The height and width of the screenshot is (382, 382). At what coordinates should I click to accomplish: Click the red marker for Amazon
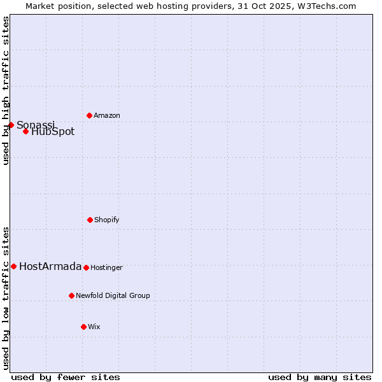point(89,115)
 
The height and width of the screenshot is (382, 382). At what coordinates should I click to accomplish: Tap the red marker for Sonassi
point(11,125)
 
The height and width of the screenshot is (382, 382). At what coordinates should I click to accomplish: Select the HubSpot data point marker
point(25,131)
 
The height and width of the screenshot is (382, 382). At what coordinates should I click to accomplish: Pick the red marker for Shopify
point(90,220)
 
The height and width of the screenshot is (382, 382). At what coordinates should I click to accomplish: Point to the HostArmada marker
point(13,266)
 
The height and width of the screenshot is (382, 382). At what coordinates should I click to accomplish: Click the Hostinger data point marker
point(86,267)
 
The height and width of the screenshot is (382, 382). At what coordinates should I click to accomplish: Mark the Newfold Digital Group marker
point(71,295)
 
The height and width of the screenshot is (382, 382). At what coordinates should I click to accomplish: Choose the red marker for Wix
point(83,327)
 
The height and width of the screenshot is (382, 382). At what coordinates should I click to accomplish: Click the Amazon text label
point(107,116)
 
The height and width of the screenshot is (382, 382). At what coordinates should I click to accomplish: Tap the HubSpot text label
point(53,132)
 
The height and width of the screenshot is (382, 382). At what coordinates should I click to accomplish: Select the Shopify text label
point(107,220)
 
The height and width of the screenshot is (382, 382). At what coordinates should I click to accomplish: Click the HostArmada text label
point(50,267)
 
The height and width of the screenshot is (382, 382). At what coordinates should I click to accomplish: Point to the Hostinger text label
point(106,268)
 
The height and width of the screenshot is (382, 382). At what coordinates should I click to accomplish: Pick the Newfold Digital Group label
point(113,296)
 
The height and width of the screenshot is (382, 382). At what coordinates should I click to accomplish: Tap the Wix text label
point(94,327)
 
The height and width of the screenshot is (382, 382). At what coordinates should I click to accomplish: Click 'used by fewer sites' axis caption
point(66,378)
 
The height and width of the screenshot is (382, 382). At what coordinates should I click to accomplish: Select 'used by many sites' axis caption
point(320,378)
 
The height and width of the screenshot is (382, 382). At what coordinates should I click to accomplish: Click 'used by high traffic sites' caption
point(6,90)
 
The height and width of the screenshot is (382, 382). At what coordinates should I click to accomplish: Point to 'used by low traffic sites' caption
point(6,298)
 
